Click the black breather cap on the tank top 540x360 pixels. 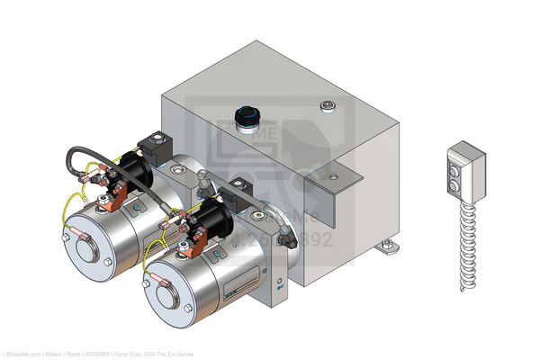pos(245,117)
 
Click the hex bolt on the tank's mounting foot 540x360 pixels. pos(387,243)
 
